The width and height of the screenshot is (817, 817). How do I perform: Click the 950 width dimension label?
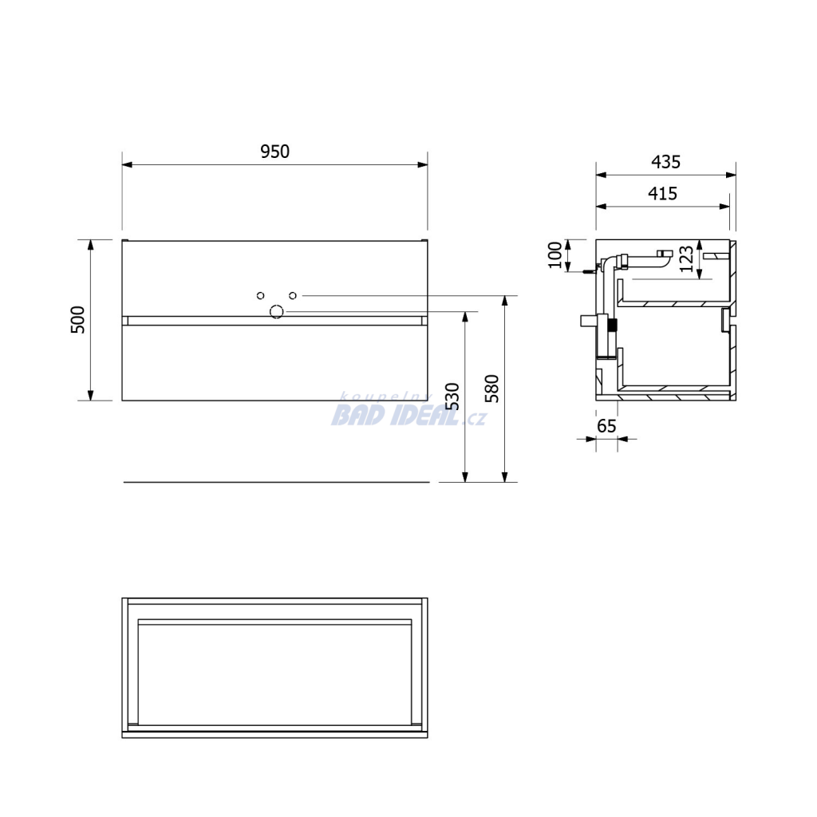(x=274, y=152)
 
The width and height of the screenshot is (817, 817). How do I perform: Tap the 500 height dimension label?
(x=77, y=320)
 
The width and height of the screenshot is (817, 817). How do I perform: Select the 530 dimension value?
(x=452, y=397)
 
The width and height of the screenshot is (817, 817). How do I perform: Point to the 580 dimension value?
(x=491, y=389)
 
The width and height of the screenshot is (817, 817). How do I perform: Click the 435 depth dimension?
(x=665, y=162)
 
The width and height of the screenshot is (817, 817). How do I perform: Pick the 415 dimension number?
(x=662, y=194)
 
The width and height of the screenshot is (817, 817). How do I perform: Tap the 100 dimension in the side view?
(x=555, y=255)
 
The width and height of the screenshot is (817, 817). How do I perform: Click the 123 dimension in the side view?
(x=687, y=259)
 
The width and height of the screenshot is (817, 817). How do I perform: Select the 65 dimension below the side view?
(x=606, y=426)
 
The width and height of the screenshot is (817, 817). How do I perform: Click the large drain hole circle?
(x=276, y=312)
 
